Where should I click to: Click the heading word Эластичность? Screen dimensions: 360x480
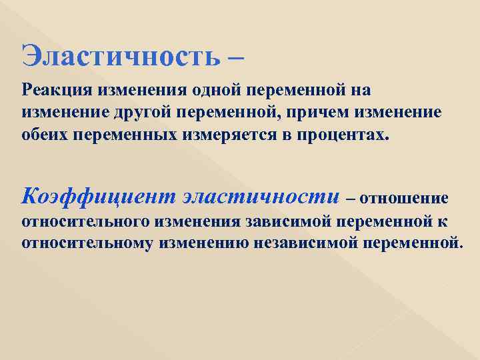point(120,55)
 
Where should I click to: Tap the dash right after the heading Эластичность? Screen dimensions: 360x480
point(235,56)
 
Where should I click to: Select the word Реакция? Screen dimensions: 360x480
point(58,89)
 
